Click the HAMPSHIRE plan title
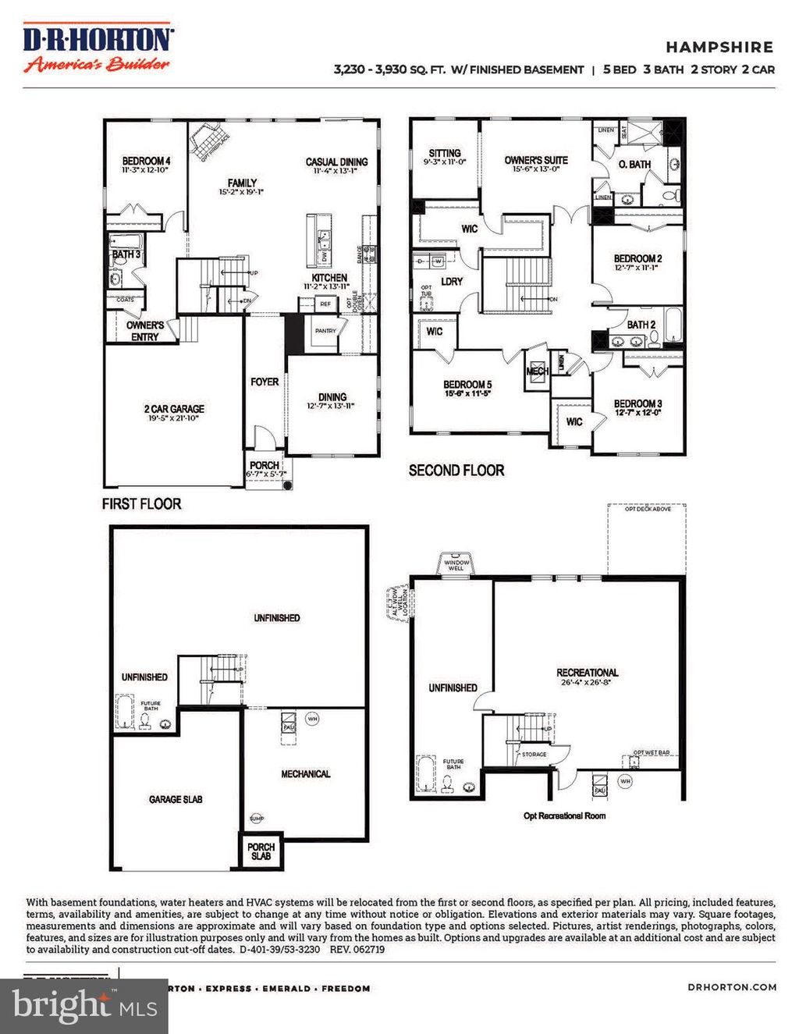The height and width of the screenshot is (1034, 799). pyautogui.click(x=719, y=47)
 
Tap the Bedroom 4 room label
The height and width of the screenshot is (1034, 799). pyautogui.click(x=146, y=162)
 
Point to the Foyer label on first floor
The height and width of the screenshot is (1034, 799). pyautogui.click(x=265, y=382)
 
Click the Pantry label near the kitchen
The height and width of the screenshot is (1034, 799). pyautogui.click(x=325, y=331)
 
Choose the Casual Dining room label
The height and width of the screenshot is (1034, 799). pyautogui.click(x=336, y=163)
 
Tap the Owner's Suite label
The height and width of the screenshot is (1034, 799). pyautogui.click(x=536, y=161)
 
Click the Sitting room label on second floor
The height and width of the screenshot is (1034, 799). pyautogui.click(x=445, y=154)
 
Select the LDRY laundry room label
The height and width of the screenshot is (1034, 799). pyautogui.click(x=452, y=282)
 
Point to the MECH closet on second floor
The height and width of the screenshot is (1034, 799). pyautogui.click(x=537, y=371)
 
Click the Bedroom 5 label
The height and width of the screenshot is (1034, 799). pyautogui.click(x=467, y=385)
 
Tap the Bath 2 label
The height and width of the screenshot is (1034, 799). pyautogui.click(x=641, y=325)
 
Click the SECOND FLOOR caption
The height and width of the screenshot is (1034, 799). pyautogui.click(x=456, y=470)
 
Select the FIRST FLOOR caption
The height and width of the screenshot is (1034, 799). pyautogui.click(x=141, y=504)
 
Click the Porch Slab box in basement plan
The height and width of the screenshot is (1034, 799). pyautogui.click(x=261, y=851)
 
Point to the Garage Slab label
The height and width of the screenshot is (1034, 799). pyautogui.click(x=176, y=799)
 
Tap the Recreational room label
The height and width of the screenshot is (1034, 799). pyautogui.click(x=587, y=673)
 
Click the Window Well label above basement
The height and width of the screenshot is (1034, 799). pyautogui.click(x=456, y=565)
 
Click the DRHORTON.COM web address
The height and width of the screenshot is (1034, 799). pyautogui.click(x=732, y=987)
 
